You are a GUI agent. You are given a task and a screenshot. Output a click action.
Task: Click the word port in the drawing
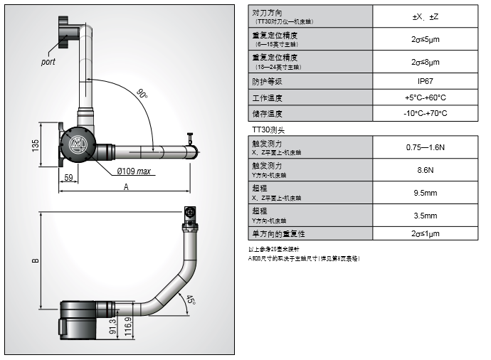pos(48,62)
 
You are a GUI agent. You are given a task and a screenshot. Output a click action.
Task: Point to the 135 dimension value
pos(36,145)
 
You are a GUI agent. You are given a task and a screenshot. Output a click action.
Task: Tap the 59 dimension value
pos(69,176)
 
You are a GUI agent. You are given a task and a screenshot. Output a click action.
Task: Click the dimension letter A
pos(126,187)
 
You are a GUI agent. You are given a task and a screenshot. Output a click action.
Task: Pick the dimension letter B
pos(36,260)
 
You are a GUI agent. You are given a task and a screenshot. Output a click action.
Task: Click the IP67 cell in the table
pos(426,81)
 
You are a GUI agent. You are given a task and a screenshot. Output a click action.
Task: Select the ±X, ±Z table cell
pos(426,16)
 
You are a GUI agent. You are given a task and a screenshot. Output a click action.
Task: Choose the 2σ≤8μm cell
pos(426,62)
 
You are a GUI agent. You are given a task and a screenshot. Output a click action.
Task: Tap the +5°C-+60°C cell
pos(426,97)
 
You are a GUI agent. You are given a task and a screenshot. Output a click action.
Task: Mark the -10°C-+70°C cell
pos(426,114)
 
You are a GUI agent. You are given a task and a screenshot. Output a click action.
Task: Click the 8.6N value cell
pos(426,171)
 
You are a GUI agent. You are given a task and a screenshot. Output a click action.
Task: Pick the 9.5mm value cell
pos(426,193)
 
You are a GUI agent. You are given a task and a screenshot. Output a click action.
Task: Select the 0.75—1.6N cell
pos(426,148)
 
